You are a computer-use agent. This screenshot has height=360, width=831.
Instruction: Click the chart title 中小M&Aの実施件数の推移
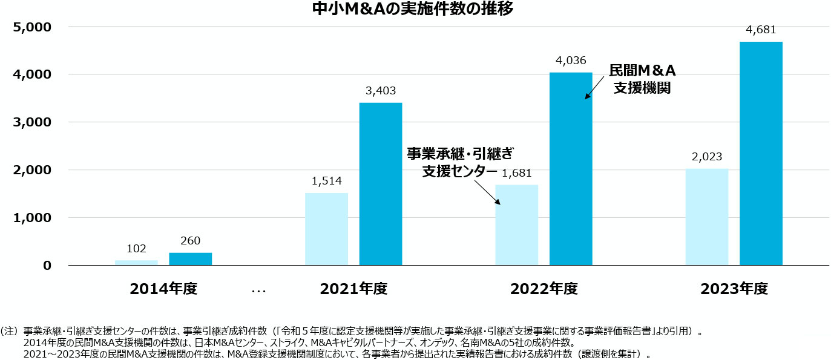[415, 8]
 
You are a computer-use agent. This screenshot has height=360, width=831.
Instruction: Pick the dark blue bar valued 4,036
[571, 169]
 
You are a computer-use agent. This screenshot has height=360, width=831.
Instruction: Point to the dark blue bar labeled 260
[190, 259]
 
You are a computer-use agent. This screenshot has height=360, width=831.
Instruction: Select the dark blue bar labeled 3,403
[381, 184]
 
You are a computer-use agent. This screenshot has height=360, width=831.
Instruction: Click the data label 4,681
[761, 30]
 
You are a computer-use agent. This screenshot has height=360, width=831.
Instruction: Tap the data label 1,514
[326, 181]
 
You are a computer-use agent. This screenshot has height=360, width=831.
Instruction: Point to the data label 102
[136, 248]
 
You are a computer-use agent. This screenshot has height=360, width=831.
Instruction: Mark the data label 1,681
[516, 173]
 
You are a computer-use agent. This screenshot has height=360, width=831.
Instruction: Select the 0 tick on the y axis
[47, 265]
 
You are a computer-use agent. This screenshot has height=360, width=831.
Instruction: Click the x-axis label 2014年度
[163, 289]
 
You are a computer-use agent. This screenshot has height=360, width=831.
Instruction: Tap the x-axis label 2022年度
[544, 289]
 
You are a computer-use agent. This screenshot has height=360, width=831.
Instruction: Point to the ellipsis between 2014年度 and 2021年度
[258, 291]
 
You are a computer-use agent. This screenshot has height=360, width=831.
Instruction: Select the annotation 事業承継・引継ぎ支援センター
[463, 162]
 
